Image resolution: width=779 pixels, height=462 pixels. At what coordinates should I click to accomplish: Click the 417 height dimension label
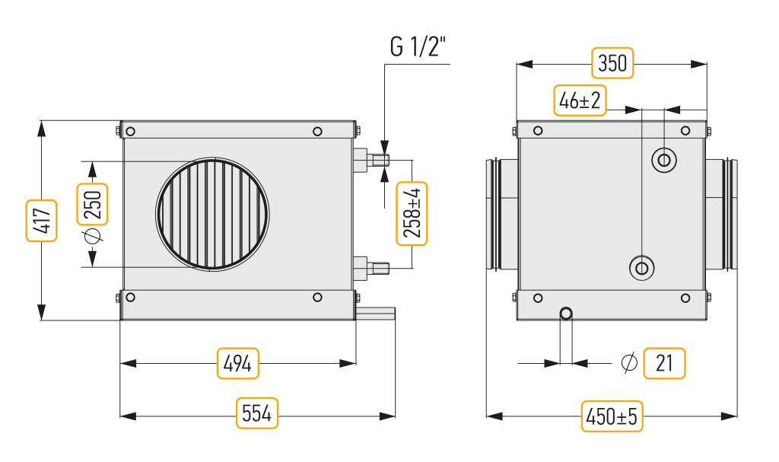coord(41,220)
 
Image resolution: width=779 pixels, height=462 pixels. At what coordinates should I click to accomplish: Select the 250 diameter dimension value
coord(92,205)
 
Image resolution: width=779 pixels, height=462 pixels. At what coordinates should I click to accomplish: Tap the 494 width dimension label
coord(238,364)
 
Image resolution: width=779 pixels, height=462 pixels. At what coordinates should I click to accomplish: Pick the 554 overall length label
coord(257,413)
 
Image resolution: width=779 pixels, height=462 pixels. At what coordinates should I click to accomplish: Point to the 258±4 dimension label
coord(412,214)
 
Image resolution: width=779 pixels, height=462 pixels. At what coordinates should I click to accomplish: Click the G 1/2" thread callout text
coord(418,48)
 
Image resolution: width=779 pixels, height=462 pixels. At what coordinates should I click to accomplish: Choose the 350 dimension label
coord(612,63)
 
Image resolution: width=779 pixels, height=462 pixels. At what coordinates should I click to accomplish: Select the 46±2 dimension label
coord(580,100)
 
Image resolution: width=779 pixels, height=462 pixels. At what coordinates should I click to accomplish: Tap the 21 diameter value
coord(664,364)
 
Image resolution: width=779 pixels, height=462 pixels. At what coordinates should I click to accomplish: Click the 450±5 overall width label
coord(612,416)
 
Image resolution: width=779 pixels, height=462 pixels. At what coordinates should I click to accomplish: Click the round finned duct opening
coord(213,214)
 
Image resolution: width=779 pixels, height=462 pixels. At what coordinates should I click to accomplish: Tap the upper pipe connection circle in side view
coord(663,160)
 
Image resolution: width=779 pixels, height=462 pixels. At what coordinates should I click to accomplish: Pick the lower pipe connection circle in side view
coord(642,269)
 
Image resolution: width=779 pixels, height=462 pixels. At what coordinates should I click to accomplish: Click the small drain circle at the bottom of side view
coord(566,314)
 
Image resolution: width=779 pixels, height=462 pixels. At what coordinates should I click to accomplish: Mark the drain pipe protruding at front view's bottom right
coord(375,314)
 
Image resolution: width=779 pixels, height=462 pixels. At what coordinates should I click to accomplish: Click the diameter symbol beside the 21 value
coord(629,362)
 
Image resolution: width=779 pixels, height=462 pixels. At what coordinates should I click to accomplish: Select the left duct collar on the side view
coord(501,215)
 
